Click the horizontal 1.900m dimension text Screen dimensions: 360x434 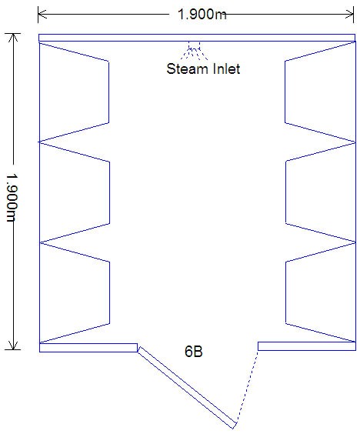click(202, 14)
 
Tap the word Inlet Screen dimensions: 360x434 click(226, 68)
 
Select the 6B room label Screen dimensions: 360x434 click(193, 351)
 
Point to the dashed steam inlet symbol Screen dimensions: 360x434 click(195, 50)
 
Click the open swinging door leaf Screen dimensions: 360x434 click(187, 388)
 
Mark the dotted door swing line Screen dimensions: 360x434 click(247, 387)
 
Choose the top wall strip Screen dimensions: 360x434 click(197, 38)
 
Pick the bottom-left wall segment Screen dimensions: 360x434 click(88, 348)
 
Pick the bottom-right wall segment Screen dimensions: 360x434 click(307, 346)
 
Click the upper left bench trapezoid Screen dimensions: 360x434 click(108, 92)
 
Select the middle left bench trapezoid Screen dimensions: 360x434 click(109, 192)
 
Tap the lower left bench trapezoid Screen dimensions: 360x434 click(109, 292)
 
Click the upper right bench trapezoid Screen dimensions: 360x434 click(285, 92)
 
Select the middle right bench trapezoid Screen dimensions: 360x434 click(285, 192)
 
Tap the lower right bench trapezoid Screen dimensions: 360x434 click(285, 292)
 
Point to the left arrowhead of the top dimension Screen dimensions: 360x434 click(42, 14)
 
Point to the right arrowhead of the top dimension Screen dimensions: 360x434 click(350, 14)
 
